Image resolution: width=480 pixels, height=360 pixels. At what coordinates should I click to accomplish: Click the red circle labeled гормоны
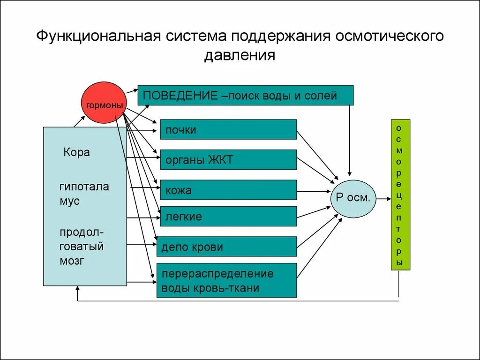coord(105,103)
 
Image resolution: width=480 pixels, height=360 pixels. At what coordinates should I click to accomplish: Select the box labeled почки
coord(228,129)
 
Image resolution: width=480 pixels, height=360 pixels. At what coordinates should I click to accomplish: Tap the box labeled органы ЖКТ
coord(228,159)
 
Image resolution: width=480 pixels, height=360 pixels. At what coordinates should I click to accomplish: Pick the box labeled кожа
coord(228,190)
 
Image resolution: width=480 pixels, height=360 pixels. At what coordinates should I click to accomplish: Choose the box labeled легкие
coord(228,216)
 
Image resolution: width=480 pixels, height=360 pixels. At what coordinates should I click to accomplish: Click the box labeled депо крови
coord(226,247)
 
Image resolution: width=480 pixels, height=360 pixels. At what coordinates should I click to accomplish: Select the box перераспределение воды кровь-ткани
coord(226,280)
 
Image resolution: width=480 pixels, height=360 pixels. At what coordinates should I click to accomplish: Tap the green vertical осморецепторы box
coord(400,195)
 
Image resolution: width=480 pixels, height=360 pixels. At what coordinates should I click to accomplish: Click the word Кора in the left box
coord(76,152)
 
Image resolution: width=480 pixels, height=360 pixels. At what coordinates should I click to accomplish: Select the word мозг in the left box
coord(72,261)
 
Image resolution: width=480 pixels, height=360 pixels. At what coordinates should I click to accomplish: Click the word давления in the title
coord(240,56)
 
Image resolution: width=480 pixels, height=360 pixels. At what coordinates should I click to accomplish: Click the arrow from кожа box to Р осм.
coord(314,191)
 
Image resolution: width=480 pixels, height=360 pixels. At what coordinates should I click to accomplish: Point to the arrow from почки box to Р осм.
coord(317,155)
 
